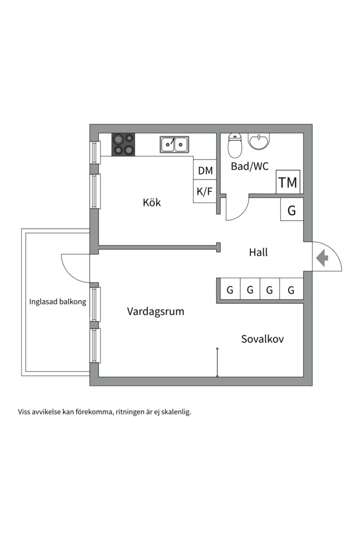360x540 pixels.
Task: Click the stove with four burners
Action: (123, 144)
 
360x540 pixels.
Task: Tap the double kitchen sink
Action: (174, 144)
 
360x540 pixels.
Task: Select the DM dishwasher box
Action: (205, 170)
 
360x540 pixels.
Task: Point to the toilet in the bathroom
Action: (235, 145)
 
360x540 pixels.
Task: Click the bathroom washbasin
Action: (259, 142)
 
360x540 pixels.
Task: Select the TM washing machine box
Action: (288, 182)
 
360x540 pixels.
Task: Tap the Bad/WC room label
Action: (249, 166)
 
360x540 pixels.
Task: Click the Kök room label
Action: (151, 202)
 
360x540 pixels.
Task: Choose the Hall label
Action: (258, 252)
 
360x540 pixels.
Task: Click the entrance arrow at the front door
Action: (322, 258)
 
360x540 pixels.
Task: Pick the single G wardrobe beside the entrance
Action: (291, 210)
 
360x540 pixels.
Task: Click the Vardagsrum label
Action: (155, 311)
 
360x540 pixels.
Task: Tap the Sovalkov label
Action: (262, 339)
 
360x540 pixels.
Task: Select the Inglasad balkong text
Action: (57, 302)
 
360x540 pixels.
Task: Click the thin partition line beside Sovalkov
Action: (217, 362)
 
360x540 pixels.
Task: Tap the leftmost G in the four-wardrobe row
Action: (230, 290)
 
